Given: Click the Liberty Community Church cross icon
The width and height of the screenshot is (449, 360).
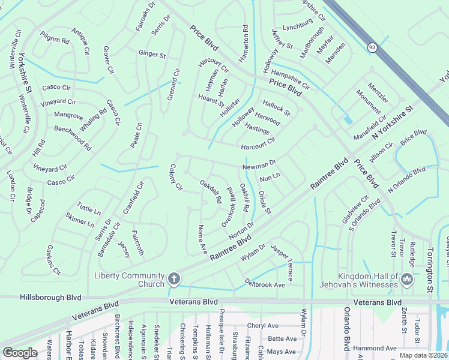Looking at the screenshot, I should pyautogui.click(x=174, y=278).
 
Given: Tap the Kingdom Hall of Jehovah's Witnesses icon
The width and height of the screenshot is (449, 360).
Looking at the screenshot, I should pyautogui.click(x=407, y=279).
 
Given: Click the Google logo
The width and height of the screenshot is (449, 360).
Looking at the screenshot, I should pyautogui.click(x=20, y=353).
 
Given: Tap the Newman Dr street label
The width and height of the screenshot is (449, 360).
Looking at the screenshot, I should pyautogui.click(x=259, y=163).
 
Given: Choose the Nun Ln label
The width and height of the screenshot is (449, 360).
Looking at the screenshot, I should pyautogui.click(x=270, y=178).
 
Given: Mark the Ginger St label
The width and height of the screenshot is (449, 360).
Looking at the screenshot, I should pyautogui.click(x=152, y=55).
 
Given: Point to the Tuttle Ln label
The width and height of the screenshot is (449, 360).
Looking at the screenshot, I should pyautogui.click(x=89, y=209).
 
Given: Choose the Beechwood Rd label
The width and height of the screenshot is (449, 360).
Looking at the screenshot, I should pyautogui.click(x=73, y=137).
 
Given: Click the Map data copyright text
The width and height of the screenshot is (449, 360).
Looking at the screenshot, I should pyautogui.click(x=423, y=355).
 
